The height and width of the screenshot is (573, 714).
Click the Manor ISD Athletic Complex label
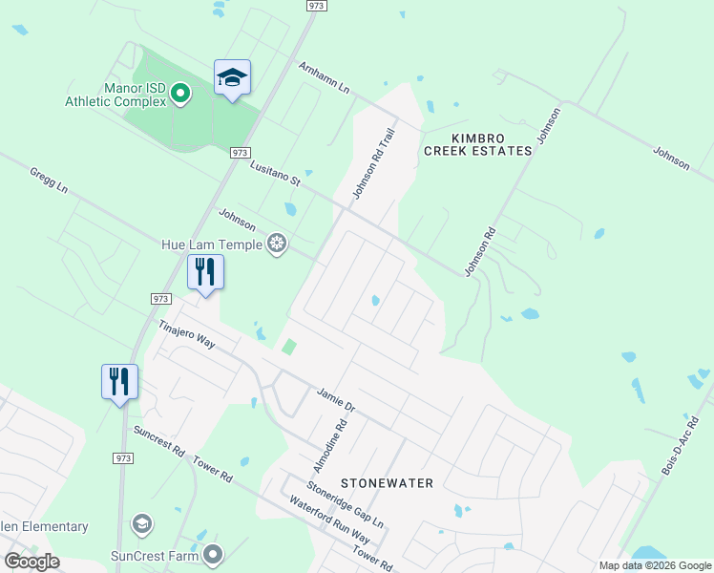click(x=115, y=95)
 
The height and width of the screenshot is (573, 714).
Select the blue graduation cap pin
click(x=232, y=76)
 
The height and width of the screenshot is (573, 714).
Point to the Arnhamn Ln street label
click(x=325, y=78)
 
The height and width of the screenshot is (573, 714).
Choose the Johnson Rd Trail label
click(x=373, y=165)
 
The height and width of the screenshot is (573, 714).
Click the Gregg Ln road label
click(x=49, y=181)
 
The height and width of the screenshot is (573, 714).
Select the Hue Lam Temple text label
click(x=212, y=244)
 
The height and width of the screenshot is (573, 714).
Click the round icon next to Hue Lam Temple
click(x=277, y=244)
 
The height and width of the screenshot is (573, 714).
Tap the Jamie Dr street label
click(x=335, y=399)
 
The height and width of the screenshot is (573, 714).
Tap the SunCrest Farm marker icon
click(x=213, y=554)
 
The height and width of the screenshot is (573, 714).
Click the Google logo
click(x=31, y=562)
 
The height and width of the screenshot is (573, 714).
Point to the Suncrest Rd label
click(x=158, y=442)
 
